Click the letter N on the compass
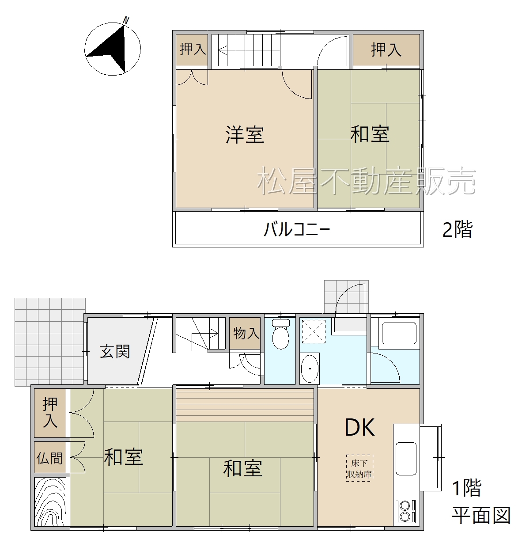click(126, 20)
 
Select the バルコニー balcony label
click(297, 229)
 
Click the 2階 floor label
click(457, 229)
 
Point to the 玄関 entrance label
click(115, 351)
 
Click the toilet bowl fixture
click(281, 334)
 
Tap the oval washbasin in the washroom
click(310, 368)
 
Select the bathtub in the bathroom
click(399, 333)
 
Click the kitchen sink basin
click(406, 459)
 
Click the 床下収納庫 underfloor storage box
click(359, 468)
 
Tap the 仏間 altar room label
click(49, 458)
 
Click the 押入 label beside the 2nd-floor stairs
click(193, 49)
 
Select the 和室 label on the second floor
click(370, 134)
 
